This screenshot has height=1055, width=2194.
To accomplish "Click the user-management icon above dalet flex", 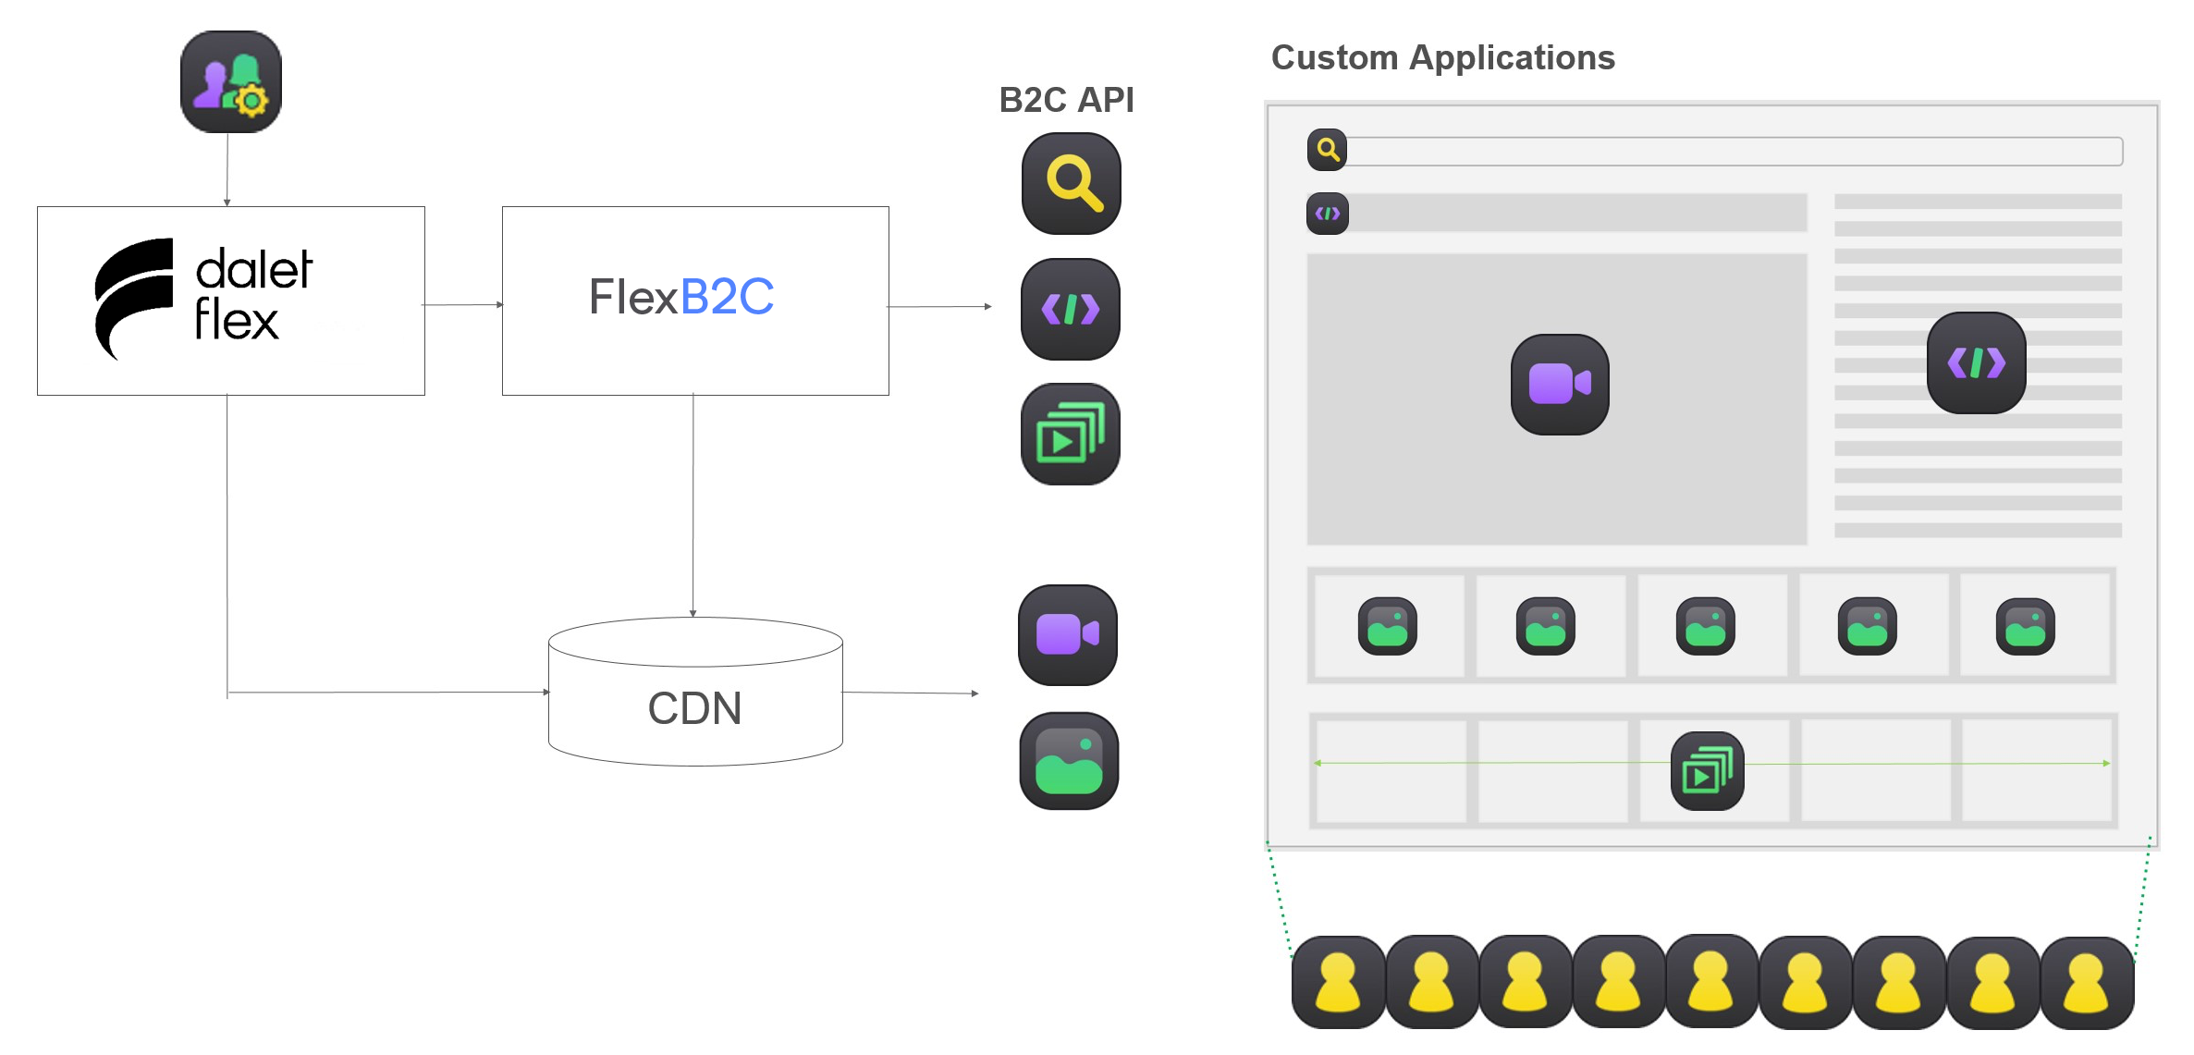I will tap(230, 81).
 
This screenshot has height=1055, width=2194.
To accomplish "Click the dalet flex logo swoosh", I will tap(134, 296).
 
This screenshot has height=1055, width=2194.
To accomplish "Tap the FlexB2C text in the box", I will tap(681, 297).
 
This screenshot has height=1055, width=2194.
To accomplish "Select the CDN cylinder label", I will tap(694, 708).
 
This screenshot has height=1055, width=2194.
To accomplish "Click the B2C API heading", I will tap(1066, 100).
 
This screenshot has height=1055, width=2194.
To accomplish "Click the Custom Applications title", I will tap(1442, 58).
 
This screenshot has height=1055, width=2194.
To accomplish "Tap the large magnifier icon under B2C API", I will tap(1071, 183).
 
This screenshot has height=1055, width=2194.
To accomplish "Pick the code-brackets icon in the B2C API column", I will tap(1070, 309).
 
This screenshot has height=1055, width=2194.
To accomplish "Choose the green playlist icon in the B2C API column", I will tap(1070, 435).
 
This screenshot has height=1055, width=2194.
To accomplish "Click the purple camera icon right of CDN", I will tap(1067, 634).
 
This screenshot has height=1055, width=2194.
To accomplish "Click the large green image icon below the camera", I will tap(1069, 761).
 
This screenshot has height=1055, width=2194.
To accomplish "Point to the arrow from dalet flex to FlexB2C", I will tap(462, 304).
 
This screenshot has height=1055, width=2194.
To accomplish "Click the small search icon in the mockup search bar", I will tap(1327, 150).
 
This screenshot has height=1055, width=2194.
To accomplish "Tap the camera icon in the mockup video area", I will tap(1560, 384).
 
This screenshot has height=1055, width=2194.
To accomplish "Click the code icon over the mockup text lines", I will tap(1976, 362).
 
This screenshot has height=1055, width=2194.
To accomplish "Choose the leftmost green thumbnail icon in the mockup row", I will tap(1387, 627).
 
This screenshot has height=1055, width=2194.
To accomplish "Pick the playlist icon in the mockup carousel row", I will tap(1707, 771).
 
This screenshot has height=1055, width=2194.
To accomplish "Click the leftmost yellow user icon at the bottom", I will tap(1338, 982).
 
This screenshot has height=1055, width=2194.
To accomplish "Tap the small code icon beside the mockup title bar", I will tap(1327, 214).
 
